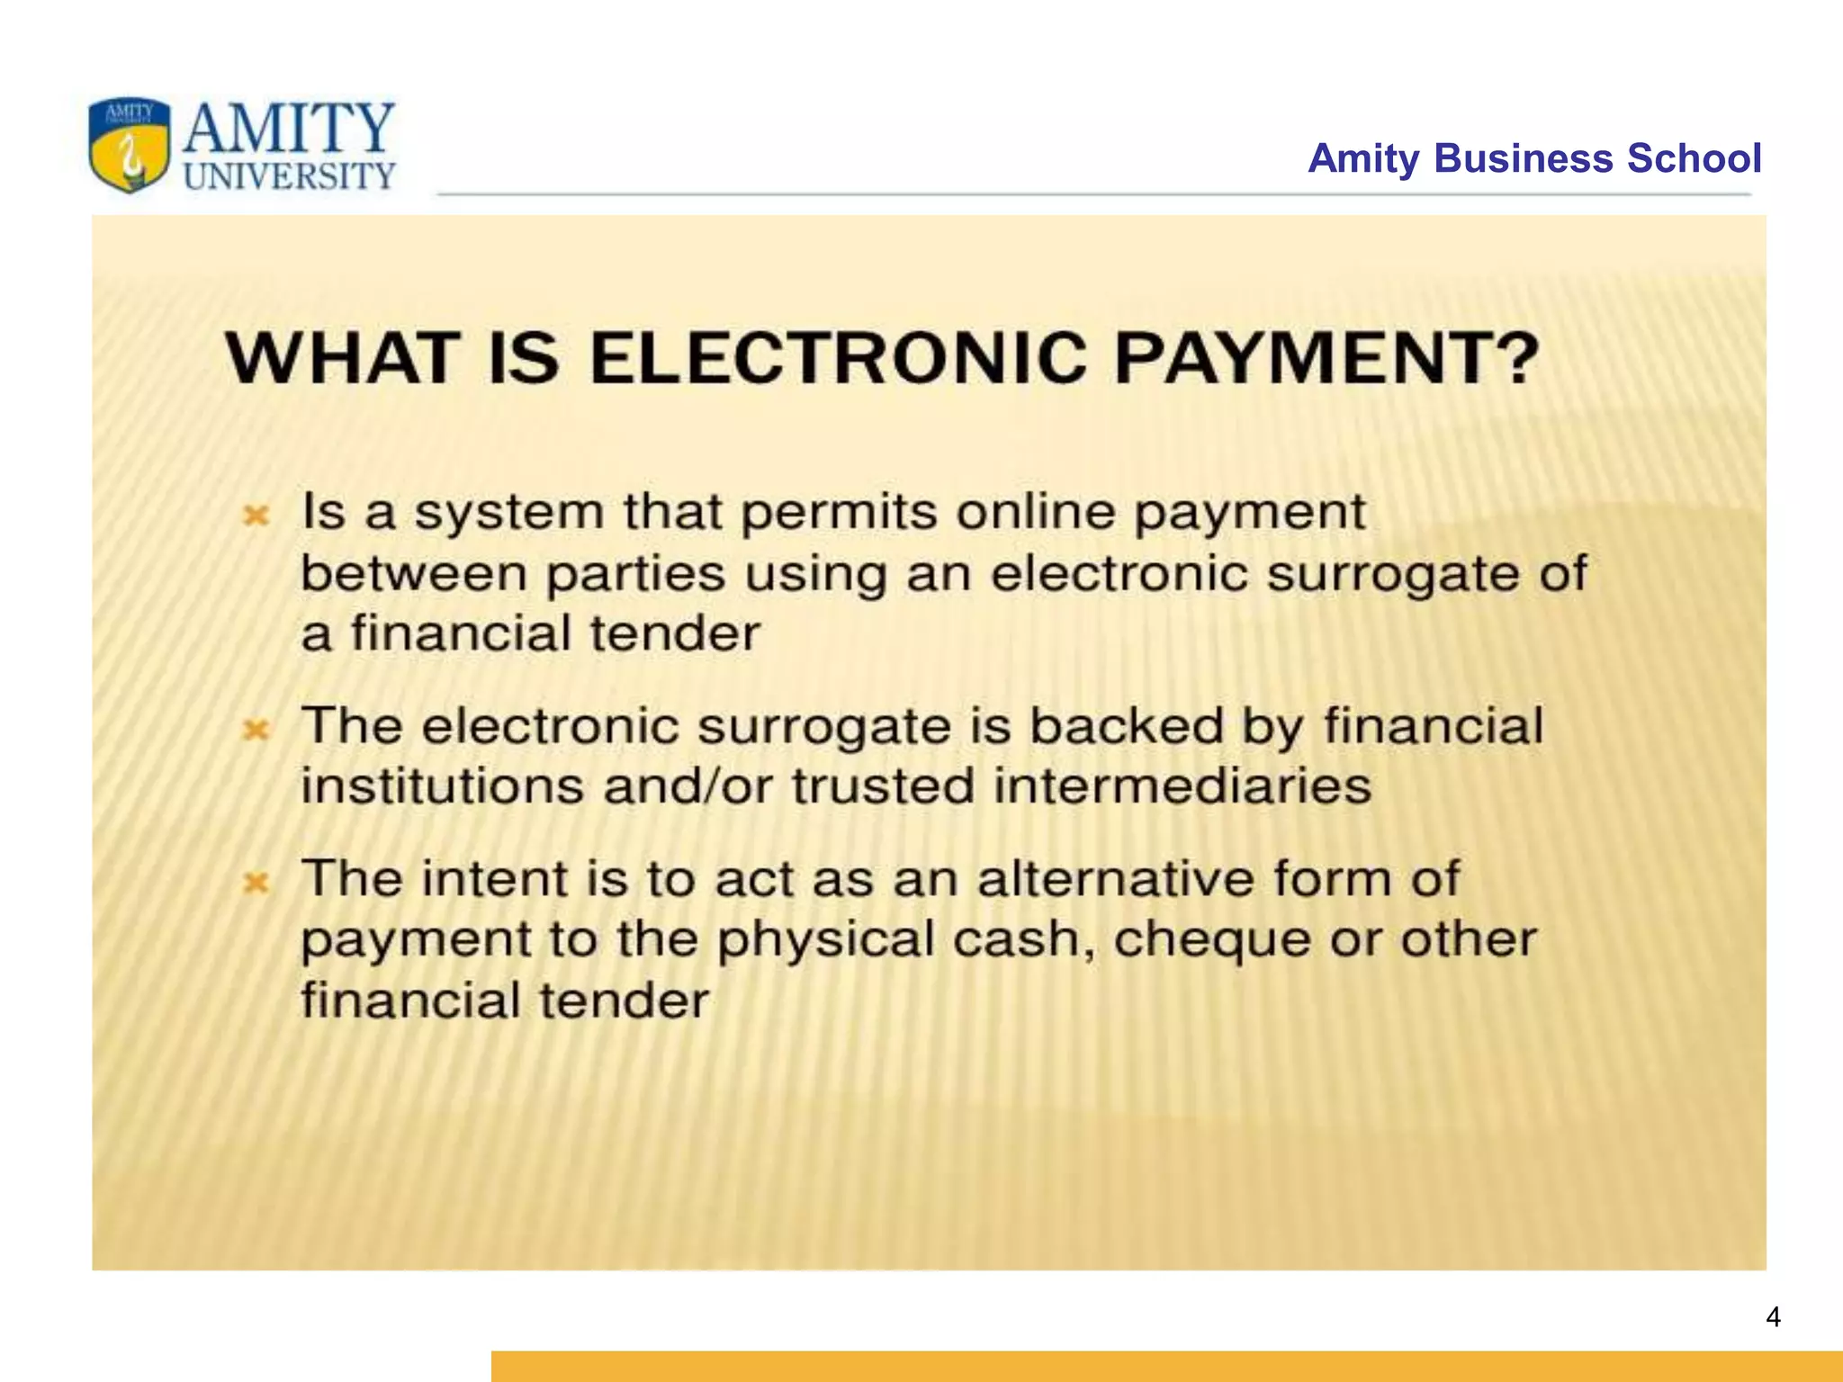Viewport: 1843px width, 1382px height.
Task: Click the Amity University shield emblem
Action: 129,146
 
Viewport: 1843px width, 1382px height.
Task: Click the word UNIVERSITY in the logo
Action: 289,175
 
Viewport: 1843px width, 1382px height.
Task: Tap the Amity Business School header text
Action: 1534,158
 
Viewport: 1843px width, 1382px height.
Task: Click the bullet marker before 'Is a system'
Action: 257,516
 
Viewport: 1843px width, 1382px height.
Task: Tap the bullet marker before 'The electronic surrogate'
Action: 257,730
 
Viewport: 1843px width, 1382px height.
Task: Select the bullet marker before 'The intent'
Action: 257,883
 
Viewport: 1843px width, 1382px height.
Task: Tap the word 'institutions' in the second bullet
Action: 442,786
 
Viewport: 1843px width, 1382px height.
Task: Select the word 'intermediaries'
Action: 1182,786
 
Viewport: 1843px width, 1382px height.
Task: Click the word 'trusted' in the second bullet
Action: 884,786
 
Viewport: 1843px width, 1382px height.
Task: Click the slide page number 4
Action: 1773,1317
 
